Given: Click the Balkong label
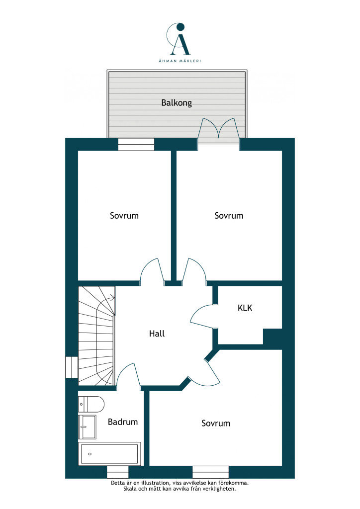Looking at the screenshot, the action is pyautogui.click(x=177, y=103).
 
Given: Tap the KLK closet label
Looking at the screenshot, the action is pyautogui.click(x=245, y=308).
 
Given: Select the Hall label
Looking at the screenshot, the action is pyautogui.click(x=157, y=334).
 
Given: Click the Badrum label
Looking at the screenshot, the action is pyautogui.click(x=123, y=422).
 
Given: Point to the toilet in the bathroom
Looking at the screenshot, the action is pyautogui.click(x=91, y=404).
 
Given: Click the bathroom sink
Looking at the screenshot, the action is pyautogui.click(x=87, y=427).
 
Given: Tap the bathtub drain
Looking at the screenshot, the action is pyautogui.click(x=90, y=454).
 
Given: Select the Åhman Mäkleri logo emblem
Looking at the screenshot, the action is pyautogui.click(x=178, y=39).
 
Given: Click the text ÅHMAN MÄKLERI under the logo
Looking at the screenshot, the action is pyautogui.click(x=180, y=61).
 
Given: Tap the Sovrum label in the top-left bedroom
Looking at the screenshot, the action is pyautogui.click(x=124, y=216).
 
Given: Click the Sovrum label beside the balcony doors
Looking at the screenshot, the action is pyautogui.click(x=229, y=216).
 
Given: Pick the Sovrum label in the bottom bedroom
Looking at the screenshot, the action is pyautogui.click(x=216, y=423).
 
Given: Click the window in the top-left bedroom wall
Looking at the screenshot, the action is pyautogui.click(x=136, y=145).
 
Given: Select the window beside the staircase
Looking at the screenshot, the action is pyautogui.click(x=72, y=367).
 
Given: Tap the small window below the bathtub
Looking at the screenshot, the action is pyautogui.click(x=117, y=472).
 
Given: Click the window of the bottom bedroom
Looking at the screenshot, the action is pyautogui.click(x=211, y=472).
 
